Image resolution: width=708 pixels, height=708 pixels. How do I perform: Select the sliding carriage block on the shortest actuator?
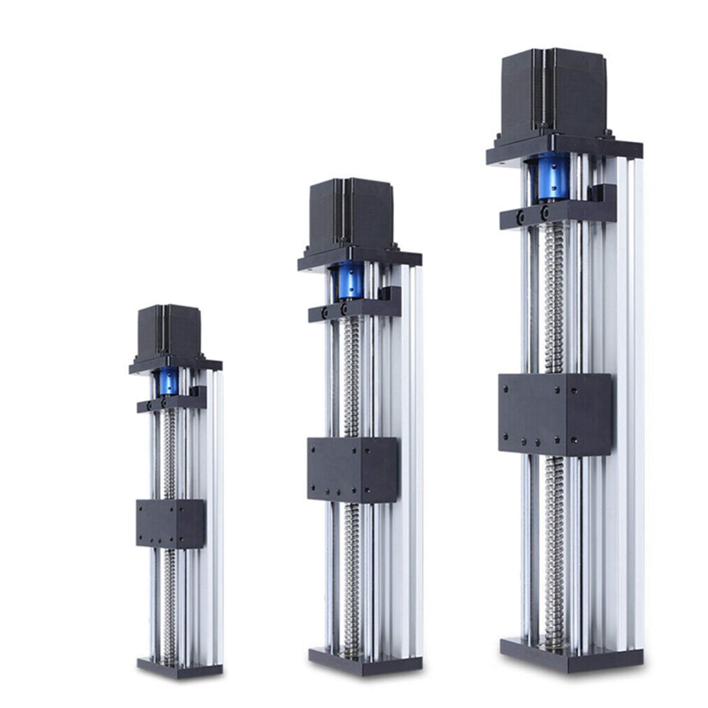[170, 523]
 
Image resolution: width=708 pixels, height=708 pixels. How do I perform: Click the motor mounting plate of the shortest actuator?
[175, 366]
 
